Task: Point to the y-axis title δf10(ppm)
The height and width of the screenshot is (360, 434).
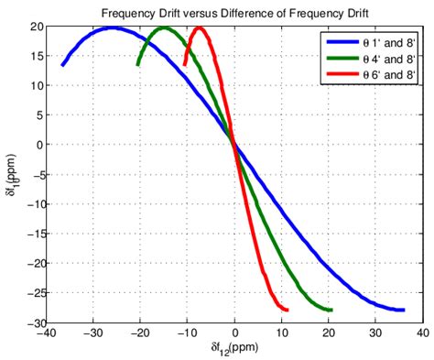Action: pos(12,174)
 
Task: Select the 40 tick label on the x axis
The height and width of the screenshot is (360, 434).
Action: pos(423,334)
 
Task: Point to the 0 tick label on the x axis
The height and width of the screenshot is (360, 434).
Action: pos(235,334)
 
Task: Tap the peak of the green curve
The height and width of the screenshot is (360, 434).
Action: pos(165,27)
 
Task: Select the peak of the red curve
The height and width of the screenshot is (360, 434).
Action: pos(199,27)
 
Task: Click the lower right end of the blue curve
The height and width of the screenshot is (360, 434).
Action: pos(404,310)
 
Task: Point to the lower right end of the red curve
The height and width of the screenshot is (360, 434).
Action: pos(288,310)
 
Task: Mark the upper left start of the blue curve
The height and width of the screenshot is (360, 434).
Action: pos(62,65)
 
